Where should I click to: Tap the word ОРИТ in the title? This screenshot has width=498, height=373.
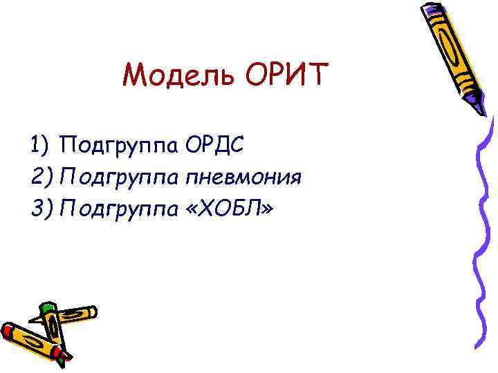coord(284,74)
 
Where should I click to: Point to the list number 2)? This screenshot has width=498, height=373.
coord(41,178)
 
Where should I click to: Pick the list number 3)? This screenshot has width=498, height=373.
coord(41,208)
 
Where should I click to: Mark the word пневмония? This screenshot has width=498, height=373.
coord(243,178)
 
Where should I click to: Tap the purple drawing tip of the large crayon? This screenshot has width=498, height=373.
coord(481,107)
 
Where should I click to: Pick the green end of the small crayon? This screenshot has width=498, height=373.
coord(47,308)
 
